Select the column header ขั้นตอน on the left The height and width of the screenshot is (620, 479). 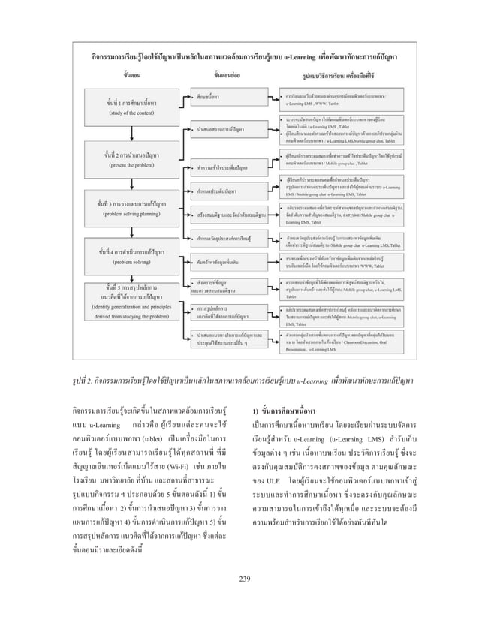click(119, 74)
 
